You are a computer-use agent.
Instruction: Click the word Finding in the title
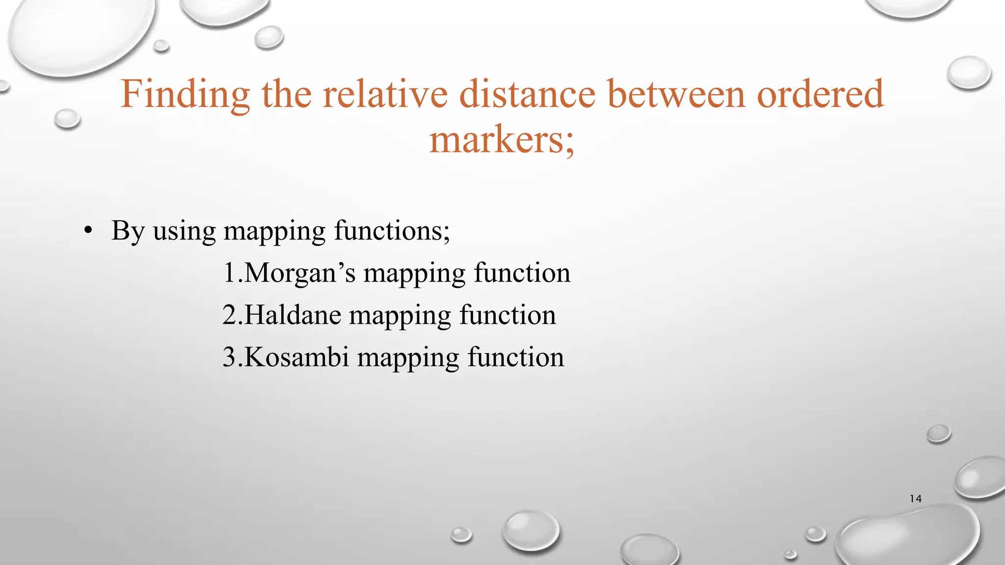point(185,94)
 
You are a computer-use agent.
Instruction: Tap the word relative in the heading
point(385,94)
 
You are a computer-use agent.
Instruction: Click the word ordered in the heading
point(820,94)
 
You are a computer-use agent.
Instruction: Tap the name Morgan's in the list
point(299,273)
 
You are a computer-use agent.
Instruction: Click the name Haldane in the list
point(292,315)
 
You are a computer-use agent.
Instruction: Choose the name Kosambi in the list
point(296,358)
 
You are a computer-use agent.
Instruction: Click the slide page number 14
point(915,499)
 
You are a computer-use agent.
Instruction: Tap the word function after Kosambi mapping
point(516,358)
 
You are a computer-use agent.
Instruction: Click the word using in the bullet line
point(185,231)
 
